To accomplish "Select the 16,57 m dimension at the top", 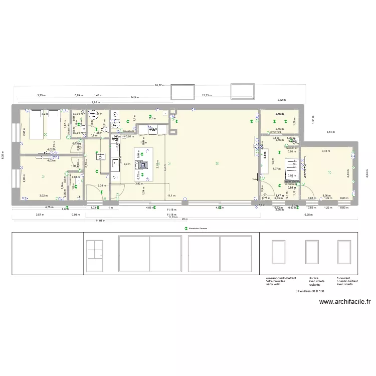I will tap(159, 86).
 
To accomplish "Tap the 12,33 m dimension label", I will tap(207, 95).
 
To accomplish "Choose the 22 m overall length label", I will tap(184, 220).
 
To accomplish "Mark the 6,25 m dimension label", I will tap(309, 215).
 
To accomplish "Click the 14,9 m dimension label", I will tap(134, 97).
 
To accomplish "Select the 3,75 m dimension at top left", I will tap(40, 95).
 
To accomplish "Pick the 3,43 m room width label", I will tap(325, 151).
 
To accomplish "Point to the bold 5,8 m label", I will tap(264, 155).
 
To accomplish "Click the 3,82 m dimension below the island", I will tap(138, 183).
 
